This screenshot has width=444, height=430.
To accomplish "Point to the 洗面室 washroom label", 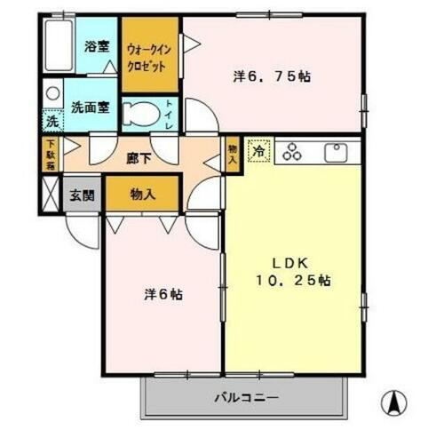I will [x=91, y=107].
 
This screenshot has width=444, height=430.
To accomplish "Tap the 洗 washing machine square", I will [x=52, y=120].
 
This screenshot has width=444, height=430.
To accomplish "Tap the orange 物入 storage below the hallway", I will [x=142, y=193].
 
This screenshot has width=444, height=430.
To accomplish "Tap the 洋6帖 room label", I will [x=164, y=292].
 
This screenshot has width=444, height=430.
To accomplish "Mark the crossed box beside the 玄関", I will [x=50, y=195].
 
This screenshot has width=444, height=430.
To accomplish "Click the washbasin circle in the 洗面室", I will [x=52, y=93].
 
